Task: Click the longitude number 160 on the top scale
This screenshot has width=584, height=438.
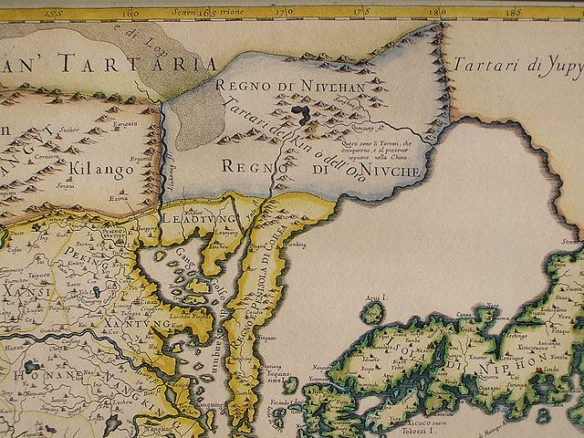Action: pyautogui.click(x=133, y=14)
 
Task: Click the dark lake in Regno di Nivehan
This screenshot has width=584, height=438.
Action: pyautogui.click(x=298, y=114)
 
